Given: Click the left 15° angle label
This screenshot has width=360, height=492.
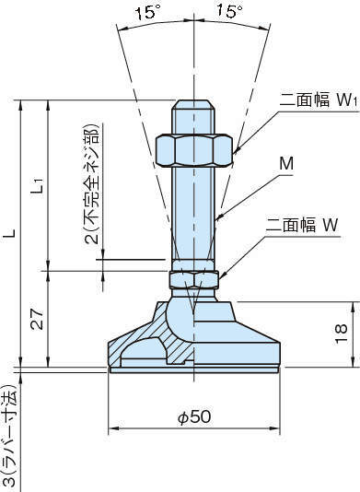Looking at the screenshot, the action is point(147,13).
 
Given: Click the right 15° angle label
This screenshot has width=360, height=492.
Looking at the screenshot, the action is point(229,12).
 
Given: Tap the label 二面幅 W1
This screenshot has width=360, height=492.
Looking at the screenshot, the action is point(318,100).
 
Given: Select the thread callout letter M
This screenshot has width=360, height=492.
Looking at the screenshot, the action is point(286,164).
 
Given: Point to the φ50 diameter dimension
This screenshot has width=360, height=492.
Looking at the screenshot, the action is point(194,417).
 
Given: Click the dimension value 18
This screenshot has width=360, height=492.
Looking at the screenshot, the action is point(341,334).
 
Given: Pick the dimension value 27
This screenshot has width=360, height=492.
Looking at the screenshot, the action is point(37,319).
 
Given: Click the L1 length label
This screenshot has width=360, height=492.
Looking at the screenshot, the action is point(37,186).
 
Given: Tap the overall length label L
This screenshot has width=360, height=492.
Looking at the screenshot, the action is point(10,233).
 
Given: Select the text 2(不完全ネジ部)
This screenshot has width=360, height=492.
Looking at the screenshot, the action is point(92,184).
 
